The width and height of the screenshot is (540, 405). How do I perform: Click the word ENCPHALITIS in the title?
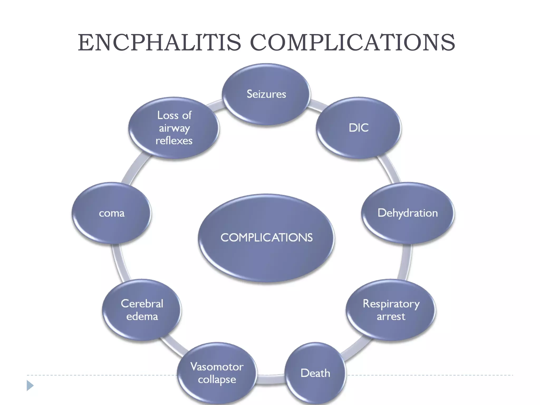pyautogui.click(x=159, y=43)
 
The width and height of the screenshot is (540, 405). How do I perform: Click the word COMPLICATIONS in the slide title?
pyautogui.click(x=352, y=43)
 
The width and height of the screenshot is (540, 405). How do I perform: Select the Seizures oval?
pyautogui.click(x=266, y=94)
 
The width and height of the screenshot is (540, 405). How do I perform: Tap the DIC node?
pyautogui.click(x=359, y=128)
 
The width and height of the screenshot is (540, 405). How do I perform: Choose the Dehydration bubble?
pyautogui.click(x=408, y=213)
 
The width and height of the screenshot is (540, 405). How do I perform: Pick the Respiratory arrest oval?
pyautogui.click(x=391, y=310)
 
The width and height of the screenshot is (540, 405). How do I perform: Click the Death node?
pyautogui.click(x=315, y=373)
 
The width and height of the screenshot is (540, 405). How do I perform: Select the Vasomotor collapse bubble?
pyautogui.click(x=217, y=373)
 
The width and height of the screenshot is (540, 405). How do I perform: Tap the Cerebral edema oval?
pyautogui.click(x=142, y=310)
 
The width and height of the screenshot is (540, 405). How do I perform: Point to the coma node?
pyautogui.click(x=112, y=213)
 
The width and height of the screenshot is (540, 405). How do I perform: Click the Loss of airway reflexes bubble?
pyautogui.click(x=174, y=128)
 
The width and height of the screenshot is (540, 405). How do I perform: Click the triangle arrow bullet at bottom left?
pyautogui.click(x=30, y=385)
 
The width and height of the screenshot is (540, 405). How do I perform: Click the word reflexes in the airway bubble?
pyautogui.click(x=174, y=141)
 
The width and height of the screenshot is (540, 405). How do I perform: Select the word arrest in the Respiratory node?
pyautogui.click(x=391, y=316)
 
